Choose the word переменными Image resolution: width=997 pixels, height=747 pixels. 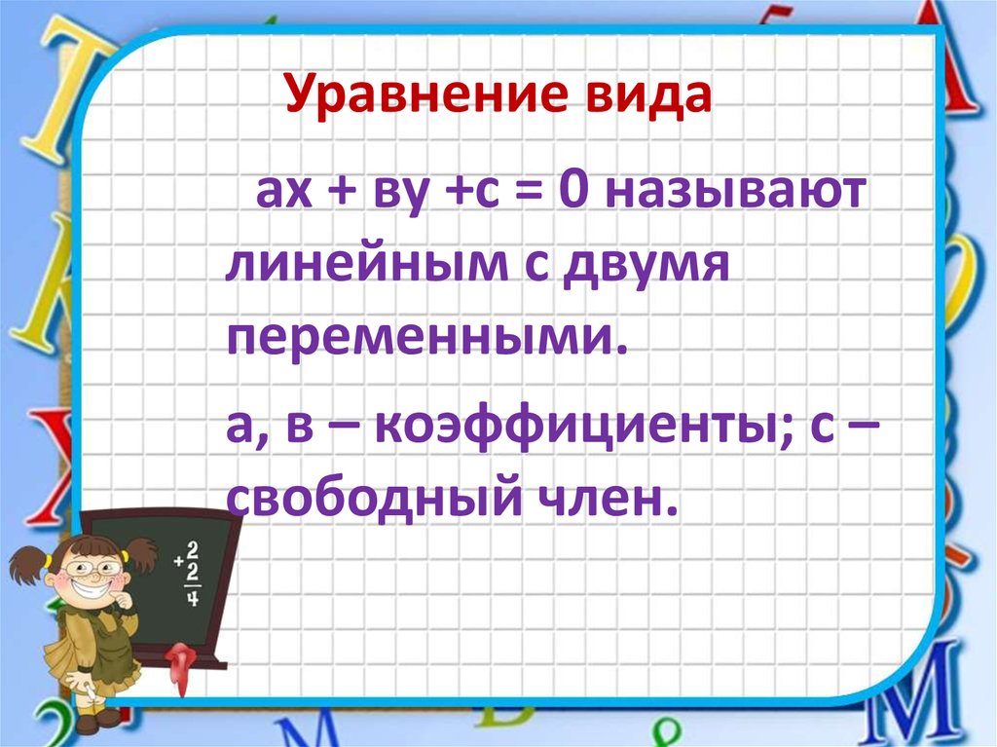pyautogui.click(x=424, y=342)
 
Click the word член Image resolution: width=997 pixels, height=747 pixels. pyautogui.click(x=609, y=501)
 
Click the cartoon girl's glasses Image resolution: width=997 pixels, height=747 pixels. pyautogui.click(x=93, y=564)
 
